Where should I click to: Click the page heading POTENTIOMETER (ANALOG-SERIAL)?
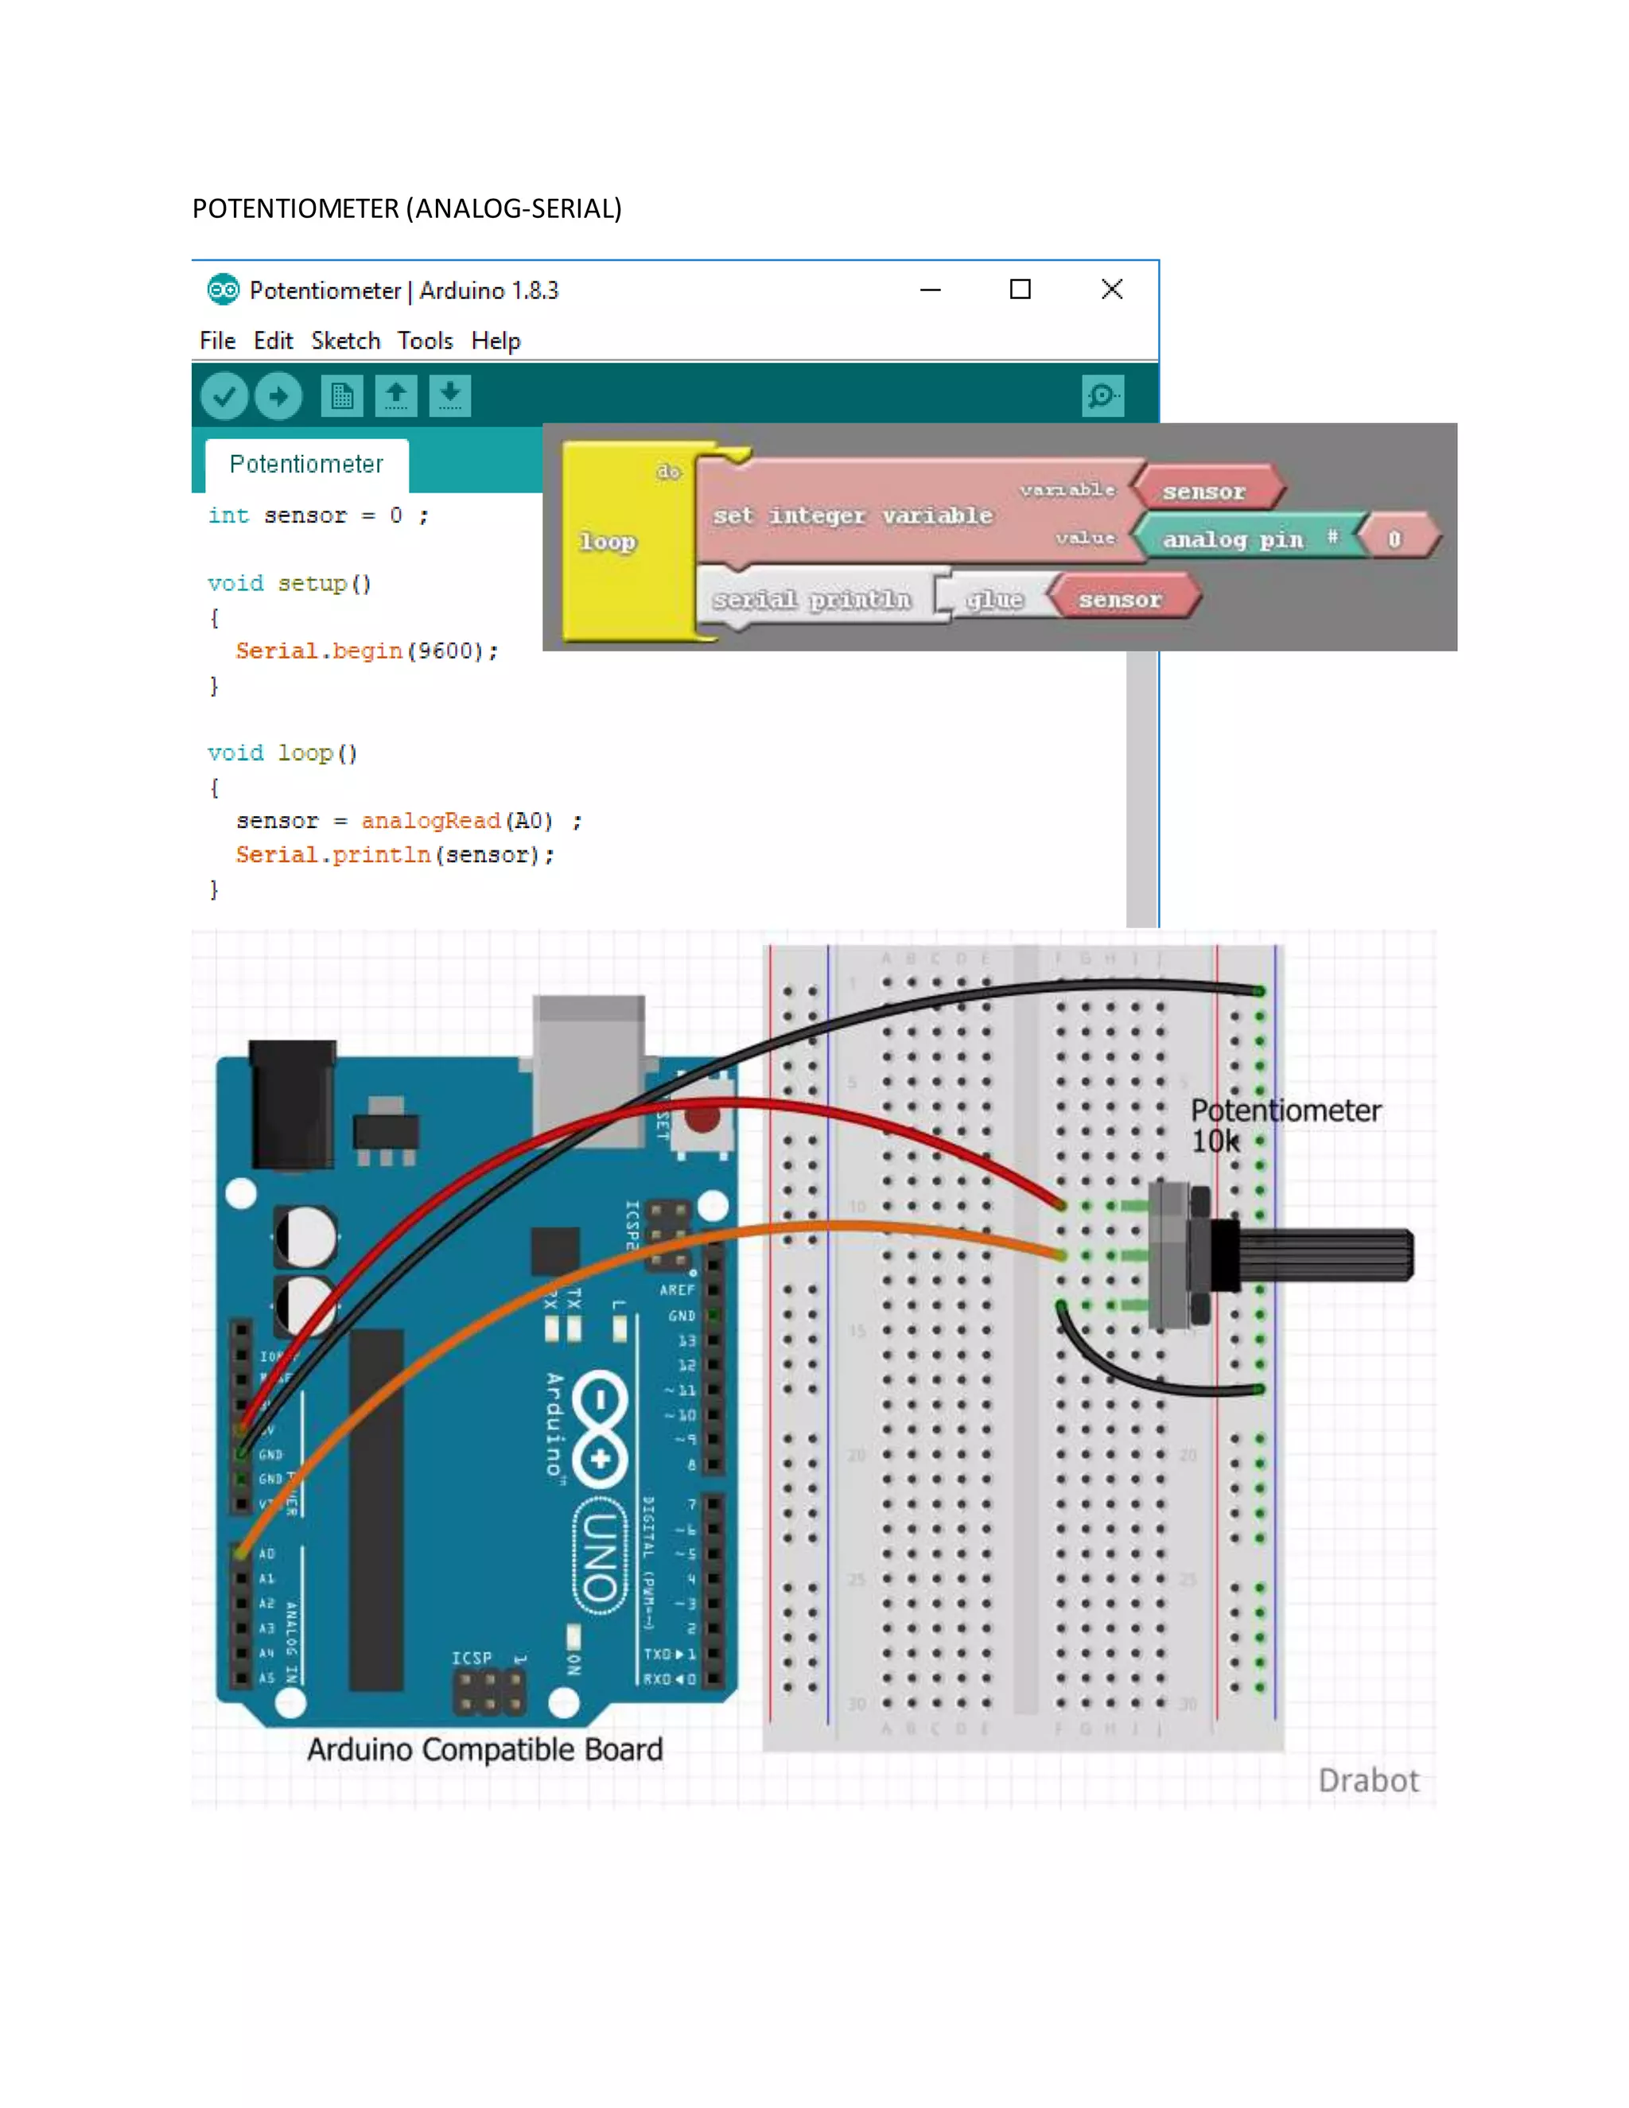tap(406, 208)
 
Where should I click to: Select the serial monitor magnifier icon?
tap(1102, 395)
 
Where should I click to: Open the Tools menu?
tap(425, 340)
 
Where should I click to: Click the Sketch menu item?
tap(345, 340)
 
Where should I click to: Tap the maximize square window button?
tap(1020, 290)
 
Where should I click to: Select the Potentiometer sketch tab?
tap(306, 465)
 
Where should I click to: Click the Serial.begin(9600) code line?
tap(367, 651)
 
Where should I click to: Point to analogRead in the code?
tap(430, 820)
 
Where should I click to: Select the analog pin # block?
tap(1245, 539)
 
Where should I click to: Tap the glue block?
tap(994, 601)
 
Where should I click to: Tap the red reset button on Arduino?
tap(702, 1118)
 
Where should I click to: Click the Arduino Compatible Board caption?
tap(484, 1750)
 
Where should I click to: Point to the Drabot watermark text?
tap(1367, 1781)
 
